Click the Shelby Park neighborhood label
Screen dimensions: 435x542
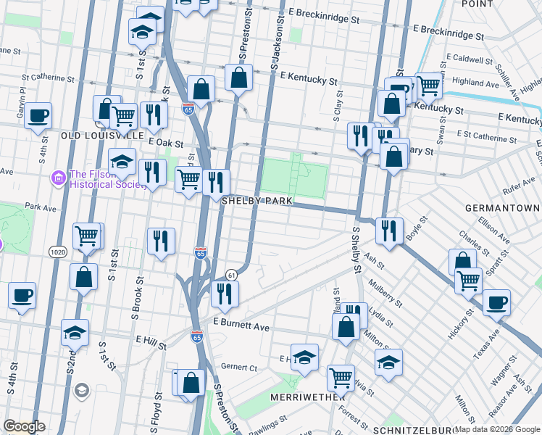257,200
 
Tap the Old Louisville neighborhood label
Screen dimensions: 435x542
102,135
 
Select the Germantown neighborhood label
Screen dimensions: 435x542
503,207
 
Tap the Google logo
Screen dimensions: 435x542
25,426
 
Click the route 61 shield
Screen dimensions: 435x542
231,275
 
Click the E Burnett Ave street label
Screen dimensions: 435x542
241,328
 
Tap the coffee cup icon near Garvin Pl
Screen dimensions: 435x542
38,115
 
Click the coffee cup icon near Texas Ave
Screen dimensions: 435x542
496,302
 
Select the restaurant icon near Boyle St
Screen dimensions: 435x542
389,231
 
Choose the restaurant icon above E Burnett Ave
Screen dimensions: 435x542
225,293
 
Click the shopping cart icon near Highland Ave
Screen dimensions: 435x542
429,86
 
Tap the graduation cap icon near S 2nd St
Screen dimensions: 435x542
75,332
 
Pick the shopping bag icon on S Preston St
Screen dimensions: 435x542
238,78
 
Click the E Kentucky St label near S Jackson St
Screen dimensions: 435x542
308,75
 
